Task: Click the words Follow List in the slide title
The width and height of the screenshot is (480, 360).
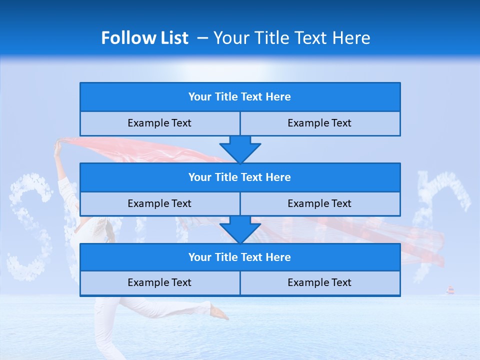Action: click(144, 38)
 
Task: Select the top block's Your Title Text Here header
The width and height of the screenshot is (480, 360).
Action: click(239, 97)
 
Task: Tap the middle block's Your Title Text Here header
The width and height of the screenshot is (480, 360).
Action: click(239, 177)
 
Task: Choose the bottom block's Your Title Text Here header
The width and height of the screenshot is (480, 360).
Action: click(239, 257)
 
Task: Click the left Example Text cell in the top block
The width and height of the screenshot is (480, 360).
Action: click(159, 123)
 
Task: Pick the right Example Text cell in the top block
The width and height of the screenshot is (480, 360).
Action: click(319, 123)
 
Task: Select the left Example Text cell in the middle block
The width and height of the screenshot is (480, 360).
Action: click(159, 203)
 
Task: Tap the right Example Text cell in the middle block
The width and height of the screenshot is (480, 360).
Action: click(319, 203)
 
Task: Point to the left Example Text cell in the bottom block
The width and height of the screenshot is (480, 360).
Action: click(159, 282)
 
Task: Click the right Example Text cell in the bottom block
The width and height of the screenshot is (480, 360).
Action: click(319, 282)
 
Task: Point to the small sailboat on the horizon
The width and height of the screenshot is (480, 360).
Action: click(450, 290)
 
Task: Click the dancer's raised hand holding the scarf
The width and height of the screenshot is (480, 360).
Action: click(58, 145)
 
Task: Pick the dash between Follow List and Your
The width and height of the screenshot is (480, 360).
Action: click(202, 38)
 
